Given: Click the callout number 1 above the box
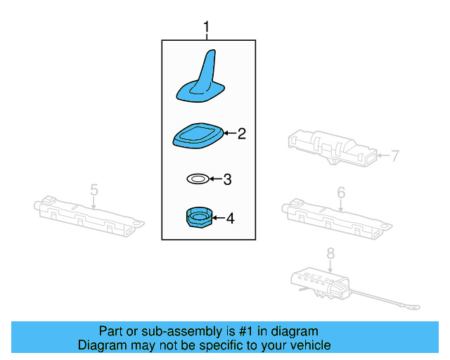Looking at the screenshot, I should tap(207, 28).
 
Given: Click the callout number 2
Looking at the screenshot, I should tap(241, 133).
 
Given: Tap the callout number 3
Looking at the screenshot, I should tap(226, 179).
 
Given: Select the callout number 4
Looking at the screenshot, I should tap(229, 219).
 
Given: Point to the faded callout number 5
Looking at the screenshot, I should tap(94, 189).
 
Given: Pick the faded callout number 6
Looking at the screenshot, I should tap(341, 192).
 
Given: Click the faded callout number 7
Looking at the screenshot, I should tap(394, 155).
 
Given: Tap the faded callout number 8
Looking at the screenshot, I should tap(330, 254).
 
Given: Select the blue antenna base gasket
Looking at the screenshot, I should tap(199, 135).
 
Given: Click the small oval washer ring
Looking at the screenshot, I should tap(197, 179).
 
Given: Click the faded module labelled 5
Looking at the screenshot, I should tap(88, 212).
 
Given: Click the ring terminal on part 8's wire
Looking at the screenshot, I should tap(416, 306).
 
